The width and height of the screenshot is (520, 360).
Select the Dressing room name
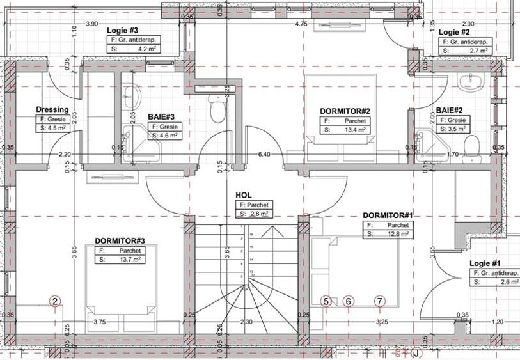point(52,109)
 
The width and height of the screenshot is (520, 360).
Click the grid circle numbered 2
point(55,302)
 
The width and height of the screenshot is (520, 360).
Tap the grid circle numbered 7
point(380,301)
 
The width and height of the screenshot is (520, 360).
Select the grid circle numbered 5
point(326,301)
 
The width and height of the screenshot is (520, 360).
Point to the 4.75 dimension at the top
point(301,24)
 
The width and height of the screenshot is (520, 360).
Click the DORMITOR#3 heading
point(120,240)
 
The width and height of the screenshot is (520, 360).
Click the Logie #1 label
point(485,263)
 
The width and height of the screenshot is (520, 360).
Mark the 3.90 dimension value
point(91,24)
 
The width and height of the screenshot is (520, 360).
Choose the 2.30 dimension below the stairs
point(246,322)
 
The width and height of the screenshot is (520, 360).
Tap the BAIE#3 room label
point(162,117)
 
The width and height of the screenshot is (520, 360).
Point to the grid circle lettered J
point(416,352)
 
